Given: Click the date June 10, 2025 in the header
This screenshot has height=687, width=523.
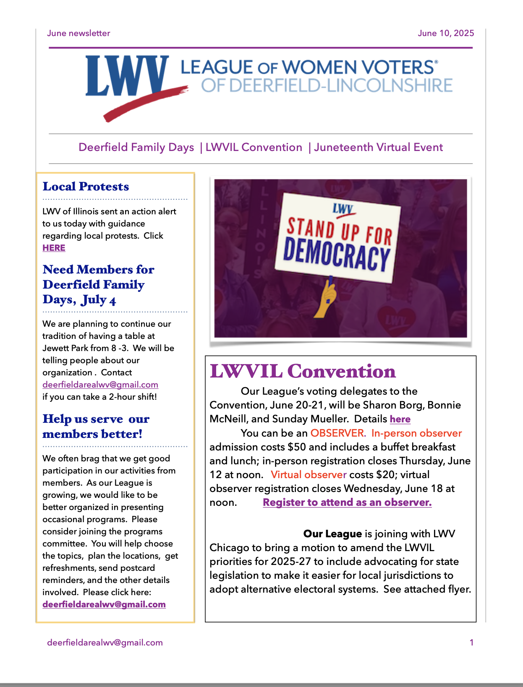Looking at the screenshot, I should pyautogui.click(x=446, y=33).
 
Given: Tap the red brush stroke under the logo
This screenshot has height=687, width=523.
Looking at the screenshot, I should pyautogui.click(x=143, y=103).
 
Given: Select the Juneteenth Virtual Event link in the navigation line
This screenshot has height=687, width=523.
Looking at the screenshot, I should pyautogui.click(x=378, y=147).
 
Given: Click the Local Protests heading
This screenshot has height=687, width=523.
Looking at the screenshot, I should pyautogui.click(x=86, y=186).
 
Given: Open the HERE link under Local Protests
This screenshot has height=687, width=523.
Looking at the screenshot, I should pyautogui.click(x=54, y=248).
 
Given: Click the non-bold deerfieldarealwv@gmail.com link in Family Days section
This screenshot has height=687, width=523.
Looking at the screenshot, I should pyautogui.click(x=100, y=385).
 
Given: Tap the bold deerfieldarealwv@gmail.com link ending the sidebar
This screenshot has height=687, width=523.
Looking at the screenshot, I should pyautogui.click(x=104, y=604).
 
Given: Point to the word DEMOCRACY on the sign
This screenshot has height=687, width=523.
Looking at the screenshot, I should pyautogui.click(x=337, y=253).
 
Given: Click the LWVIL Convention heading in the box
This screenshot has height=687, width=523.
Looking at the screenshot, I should pyautogui.click(x=303, y=371).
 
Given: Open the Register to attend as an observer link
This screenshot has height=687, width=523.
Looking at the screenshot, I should pyautogui.click(x=347, y=502).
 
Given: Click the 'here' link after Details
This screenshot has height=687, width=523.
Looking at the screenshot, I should pyautogui.click(x=400, y=419).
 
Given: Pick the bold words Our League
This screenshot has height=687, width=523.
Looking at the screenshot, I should pyautogui.click(x=332, y=533).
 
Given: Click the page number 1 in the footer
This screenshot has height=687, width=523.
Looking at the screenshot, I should pyautogui.click(x=471, y=643).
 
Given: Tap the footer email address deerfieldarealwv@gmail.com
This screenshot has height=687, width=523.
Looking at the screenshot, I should pyautogui.click(x=105, y=643).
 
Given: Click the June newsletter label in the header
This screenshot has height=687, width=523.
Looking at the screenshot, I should pyautogui.click(x=78, y=33).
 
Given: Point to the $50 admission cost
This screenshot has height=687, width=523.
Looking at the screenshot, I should pyautogui.click(x=296, y=447).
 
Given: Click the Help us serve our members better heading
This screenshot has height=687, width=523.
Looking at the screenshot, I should pyautogui.click(x=96, y=426).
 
